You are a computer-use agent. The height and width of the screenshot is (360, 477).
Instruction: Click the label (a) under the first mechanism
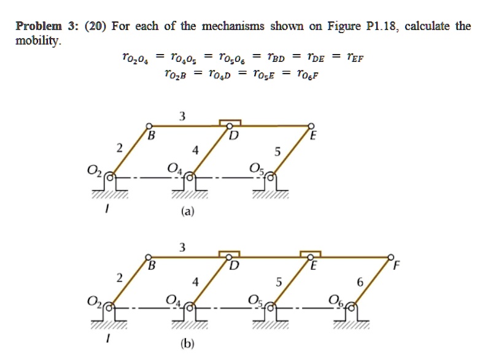[187, 212]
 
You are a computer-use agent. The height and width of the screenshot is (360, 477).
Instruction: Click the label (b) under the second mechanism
[188, 343]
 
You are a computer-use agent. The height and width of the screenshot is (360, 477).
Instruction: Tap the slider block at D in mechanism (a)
[230, 123]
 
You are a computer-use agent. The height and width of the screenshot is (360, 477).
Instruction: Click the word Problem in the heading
[36, 26]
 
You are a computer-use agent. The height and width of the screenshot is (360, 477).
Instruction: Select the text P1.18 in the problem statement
[382, 26]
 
